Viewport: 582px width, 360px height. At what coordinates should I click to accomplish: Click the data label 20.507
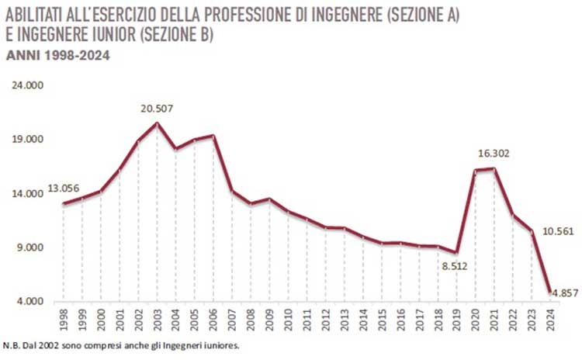[158, 108]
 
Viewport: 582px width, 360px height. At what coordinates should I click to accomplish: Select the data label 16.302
[494, 154]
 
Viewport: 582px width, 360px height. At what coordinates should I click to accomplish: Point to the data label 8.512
[455, 266]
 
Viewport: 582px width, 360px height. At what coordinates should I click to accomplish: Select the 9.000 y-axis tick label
[32, 248]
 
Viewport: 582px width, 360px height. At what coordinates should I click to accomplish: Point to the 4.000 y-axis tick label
[32, 302]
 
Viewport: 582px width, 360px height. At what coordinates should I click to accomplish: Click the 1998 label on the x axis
[64, 319]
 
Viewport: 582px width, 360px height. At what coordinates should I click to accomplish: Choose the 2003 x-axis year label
[158, 319]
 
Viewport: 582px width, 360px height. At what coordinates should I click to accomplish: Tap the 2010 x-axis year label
[288, 319]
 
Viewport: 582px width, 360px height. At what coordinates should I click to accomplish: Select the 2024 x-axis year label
[550, 319]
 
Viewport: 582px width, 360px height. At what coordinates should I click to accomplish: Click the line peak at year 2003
[158, 123]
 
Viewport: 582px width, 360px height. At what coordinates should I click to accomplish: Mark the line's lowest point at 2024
[550, 292]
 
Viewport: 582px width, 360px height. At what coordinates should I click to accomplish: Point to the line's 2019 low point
[456, 253]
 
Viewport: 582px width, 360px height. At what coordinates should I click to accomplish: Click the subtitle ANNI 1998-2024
[57, 55]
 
